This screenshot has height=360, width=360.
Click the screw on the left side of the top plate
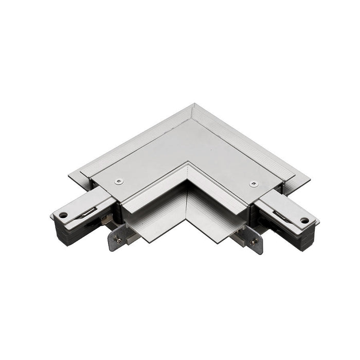click(120, 180)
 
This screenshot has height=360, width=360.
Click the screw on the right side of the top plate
click(253, 184)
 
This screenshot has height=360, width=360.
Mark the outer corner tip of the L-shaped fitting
click(194, 104)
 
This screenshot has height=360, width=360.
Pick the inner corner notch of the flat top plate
click(188, 164)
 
